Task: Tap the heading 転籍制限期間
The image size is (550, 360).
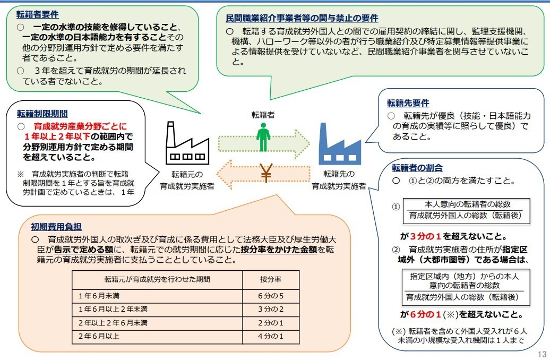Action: click(x=42, y=114)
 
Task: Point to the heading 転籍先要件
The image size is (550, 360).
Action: click(x=408, y=103)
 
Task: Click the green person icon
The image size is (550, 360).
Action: click(x=263, y=138)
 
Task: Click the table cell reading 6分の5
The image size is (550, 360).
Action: click(x=271, y=295)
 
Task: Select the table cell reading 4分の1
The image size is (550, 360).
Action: click(x=271, y=336)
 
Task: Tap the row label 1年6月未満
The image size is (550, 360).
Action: click(x=99, y=295)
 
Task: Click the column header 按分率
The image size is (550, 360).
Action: click(x=271, y=279)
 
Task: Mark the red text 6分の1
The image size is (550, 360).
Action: click(x=426, y=313)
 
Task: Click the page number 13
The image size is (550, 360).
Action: click(x=542, y=354)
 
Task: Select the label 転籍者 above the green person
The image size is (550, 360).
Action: click(x=263, y=114)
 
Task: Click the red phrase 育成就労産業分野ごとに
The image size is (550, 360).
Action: click(x=80, y=127)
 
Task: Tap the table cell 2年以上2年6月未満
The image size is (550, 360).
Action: click(x=113, y=323)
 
